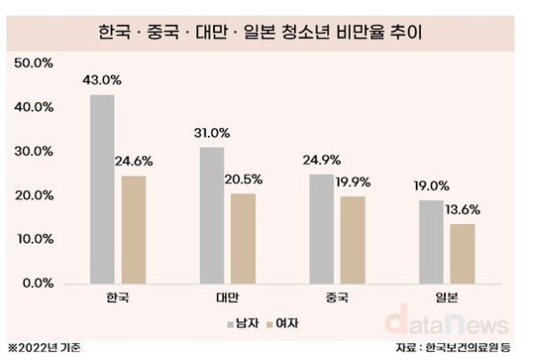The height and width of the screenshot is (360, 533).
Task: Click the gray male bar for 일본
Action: click(x=431, y=241)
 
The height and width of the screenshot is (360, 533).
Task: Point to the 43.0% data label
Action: click(x=102, y=80)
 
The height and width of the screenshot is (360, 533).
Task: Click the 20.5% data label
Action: click(x=244, y=180)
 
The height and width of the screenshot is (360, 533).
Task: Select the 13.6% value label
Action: click(x=464, y=211)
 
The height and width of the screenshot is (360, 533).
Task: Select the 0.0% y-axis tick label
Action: click(x=37, y=283)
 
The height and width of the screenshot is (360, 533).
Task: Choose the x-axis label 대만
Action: click(x=226, y=297)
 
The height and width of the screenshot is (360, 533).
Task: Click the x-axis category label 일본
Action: click(x=446, y=297)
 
